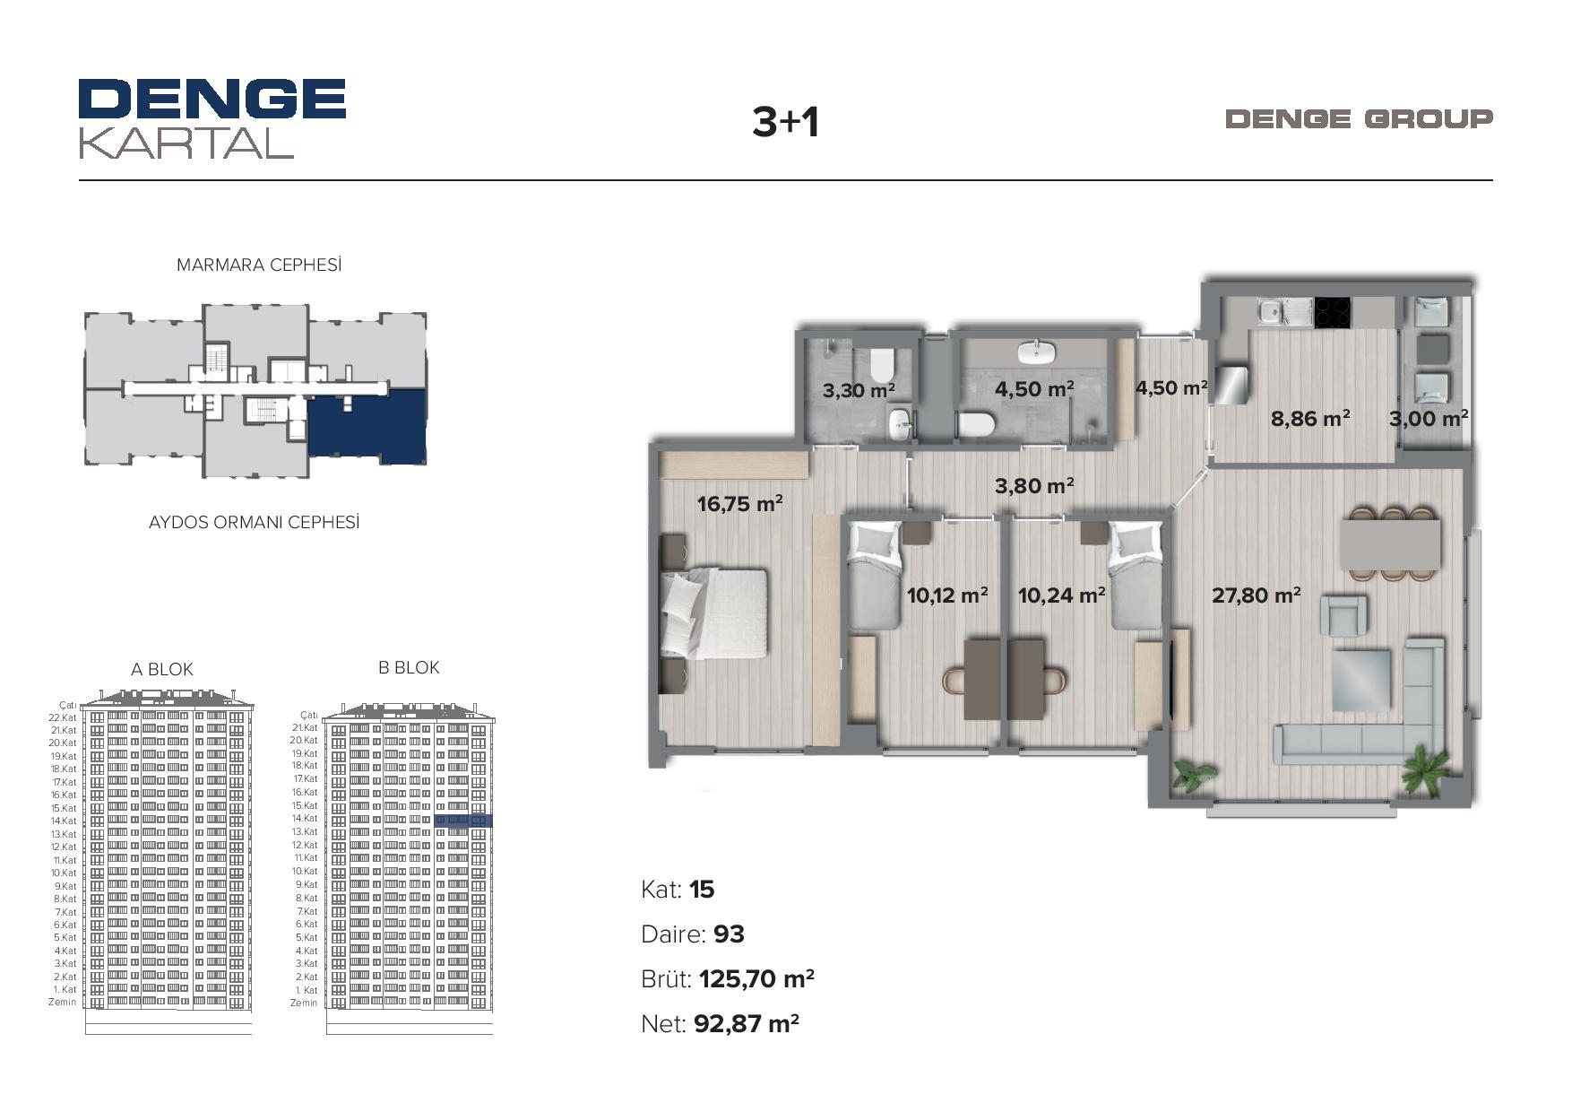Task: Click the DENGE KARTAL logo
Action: tap(212, 118)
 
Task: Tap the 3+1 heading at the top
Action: tap(785, 122)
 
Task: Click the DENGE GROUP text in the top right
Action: tap(1359, 118)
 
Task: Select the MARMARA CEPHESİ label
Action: tap(259, 265)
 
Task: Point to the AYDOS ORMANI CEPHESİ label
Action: tap(254, 522)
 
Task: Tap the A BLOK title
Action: tap(162, 669)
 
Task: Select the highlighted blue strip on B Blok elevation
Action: tap(463, 821)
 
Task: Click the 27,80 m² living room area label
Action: tap(1257, 595)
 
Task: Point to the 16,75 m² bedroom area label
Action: tap(740, 503)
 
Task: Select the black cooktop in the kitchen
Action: tap(1333, 312)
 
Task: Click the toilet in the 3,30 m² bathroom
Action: tap(883, 365)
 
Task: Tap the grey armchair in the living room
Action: tap(1343, 616)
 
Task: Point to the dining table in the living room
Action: tap(1391, 544)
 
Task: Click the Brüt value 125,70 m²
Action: tap(756, 978)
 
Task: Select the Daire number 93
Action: tap(729, 934)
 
